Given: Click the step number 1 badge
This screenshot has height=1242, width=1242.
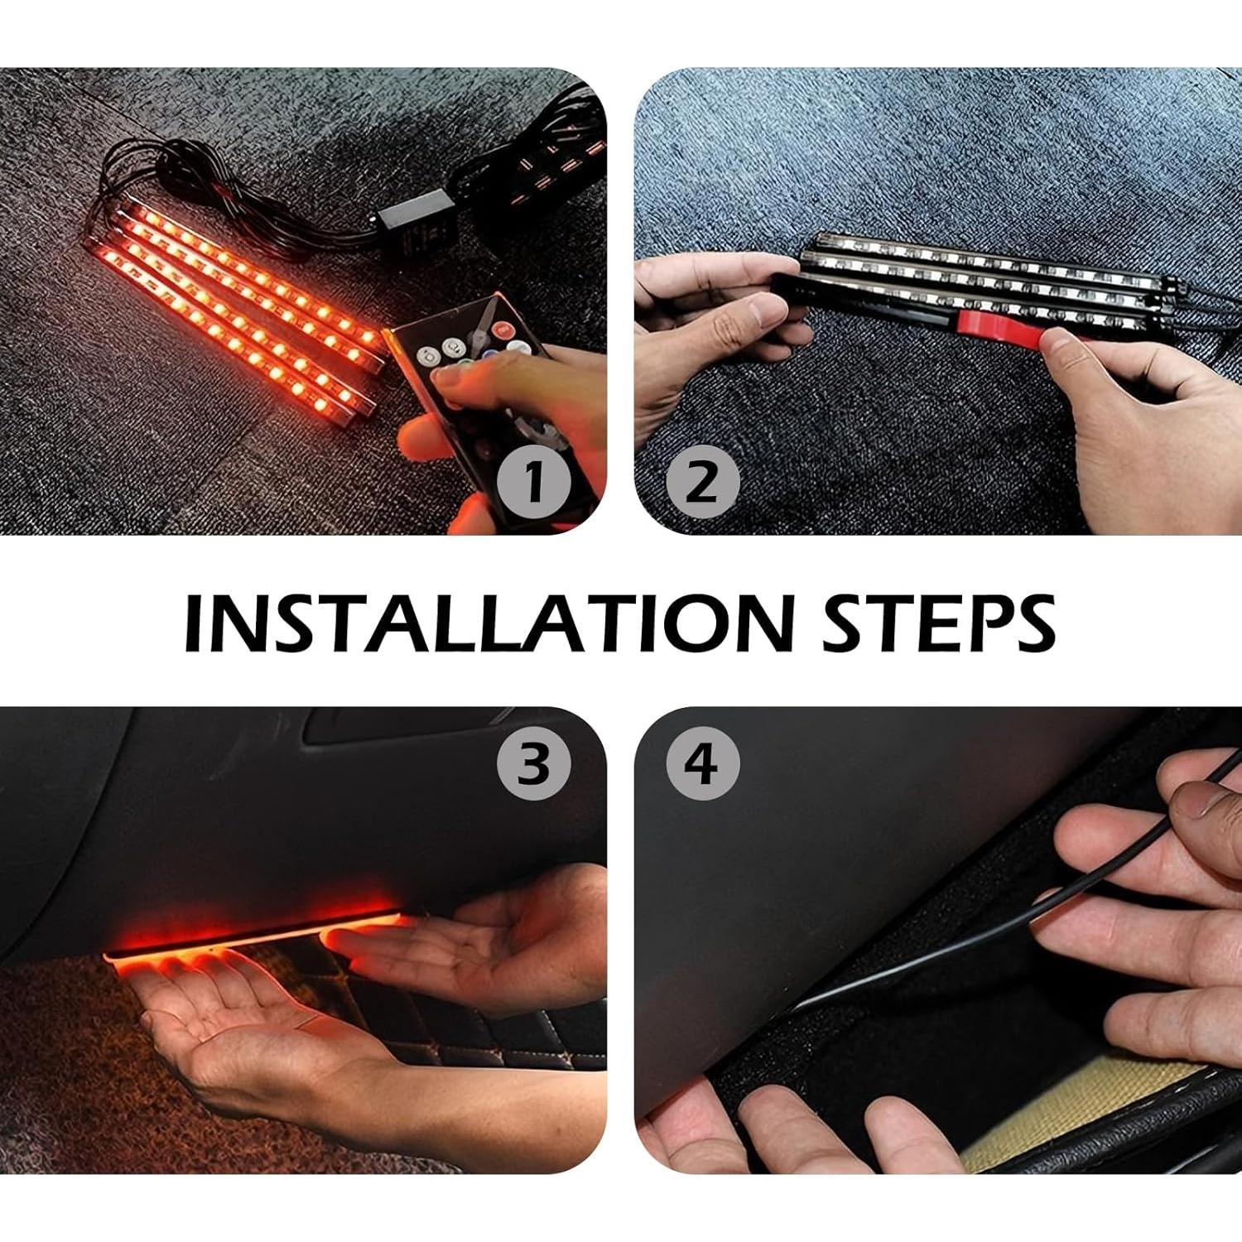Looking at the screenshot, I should [x=534, y=481].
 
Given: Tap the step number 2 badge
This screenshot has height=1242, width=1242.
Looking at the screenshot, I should [x=702, y=481].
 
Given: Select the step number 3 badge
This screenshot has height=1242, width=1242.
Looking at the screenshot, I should [x=534, y=763].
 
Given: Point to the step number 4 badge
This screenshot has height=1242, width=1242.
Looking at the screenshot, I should [x=702, y=763].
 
